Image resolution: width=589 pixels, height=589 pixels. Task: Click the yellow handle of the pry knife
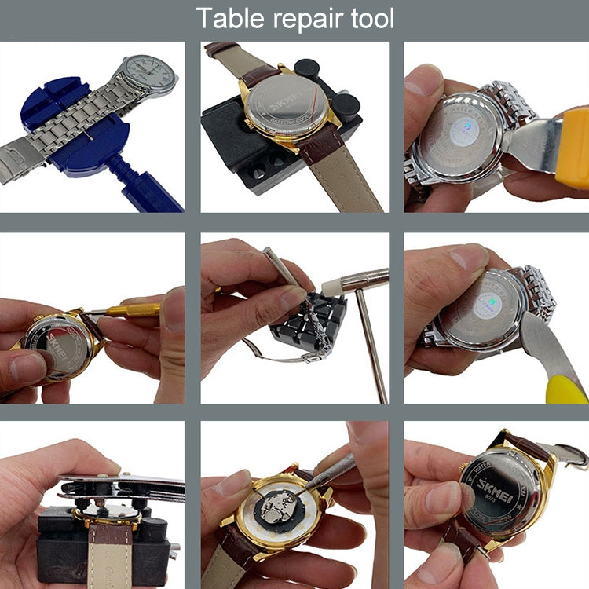[x=567, y=389]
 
